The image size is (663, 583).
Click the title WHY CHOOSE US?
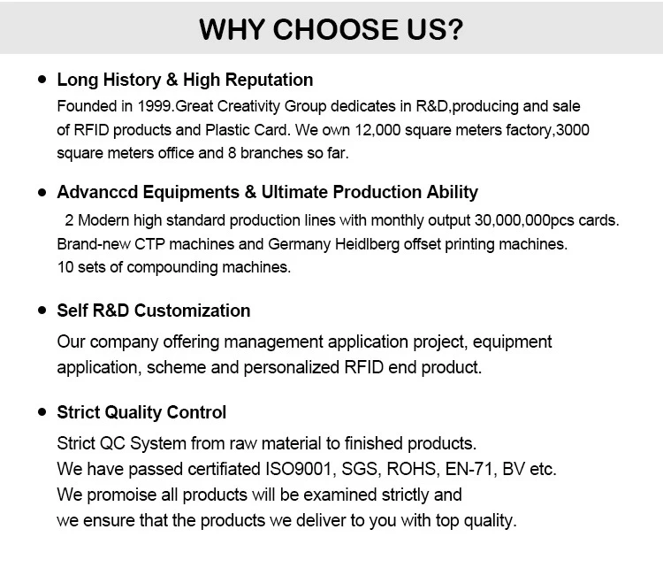coord(331,29)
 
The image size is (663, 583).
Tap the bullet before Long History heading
coord(42,79)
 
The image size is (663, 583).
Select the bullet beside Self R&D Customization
coord(42,311)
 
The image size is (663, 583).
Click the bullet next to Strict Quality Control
coord(42,411)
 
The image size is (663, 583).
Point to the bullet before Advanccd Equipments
coord(42,193)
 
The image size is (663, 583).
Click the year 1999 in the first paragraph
coord(154,106)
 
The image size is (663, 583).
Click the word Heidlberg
coord(367,244)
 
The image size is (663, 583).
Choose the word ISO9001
coord(298,469)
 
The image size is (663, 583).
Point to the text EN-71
coord(469,469)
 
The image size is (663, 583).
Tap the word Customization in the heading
coord(193,311)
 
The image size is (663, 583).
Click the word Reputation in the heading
coord(269,80)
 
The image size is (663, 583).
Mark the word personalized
coord(292,367)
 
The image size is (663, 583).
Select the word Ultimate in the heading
coord(294,192)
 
